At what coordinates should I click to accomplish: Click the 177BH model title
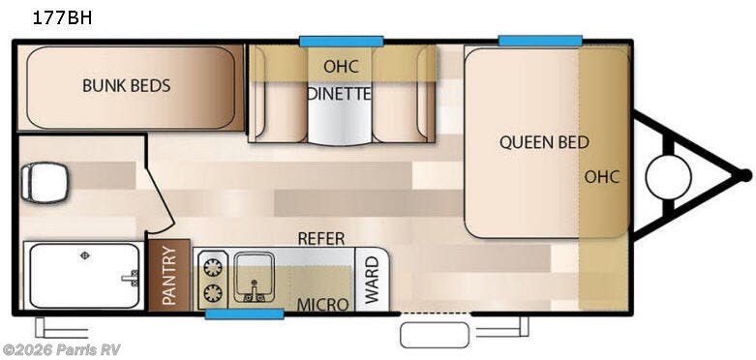point(62,17)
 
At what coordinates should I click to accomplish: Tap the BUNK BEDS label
point(126,86)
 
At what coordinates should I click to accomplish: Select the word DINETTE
point(340,94)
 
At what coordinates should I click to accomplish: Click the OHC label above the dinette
point(342,67)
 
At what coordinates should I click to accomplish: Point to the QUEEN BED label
point(544,142)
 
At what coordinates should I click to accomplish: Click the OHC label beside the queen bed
point(602,177)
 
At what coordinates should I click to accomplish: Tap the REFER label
point(321,238)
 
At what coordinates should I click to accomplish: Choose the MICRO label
point(322,305)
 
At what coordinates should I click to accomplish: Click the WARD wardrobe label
point(373,280)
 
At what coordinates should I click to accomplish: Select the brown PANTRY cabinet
point(169,275)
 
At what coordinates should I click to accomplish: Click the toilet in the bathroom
point(45,183)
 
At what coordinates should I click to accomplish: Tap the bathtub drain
point(85,255)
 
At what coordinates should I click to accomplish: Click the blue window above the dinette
point(342,42)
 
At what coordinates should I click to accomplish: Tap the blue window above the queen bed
point(540,41)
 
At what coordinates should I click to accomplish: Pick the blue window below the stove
point(245,315)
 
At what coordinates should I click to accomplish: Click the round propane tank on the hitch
point(668,177)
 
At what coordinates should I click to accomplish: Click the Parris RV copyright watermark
point(61,349)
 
